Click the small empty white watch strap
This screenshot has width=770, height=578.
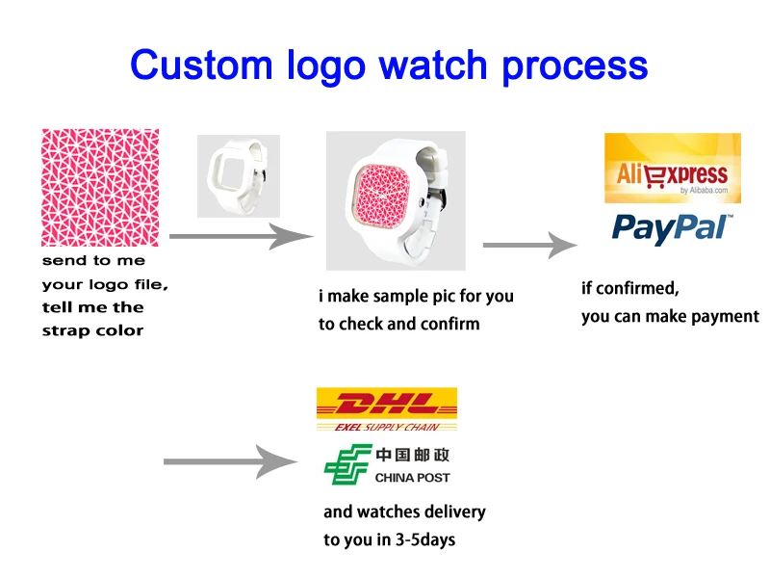click(x=238, y=174)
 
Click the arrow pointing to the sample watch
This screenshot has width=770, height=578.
click(x=242, y=235)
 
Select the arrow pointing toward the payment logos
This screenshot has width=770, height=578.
click(x=528, y=245)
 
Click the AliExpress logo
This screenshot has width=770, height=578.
click(x=672, y=174)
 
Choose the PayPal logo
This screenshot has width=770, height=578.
click(x=672, y=227)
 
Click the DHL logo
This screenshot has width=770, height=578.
click(x=386, y=403)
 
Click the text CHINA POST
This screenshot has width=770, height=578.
click(x=412, y=478)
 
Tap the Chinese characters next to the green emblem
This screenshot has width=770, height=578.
click(x=412, y=455)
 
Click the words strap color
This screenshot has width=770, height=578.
click(x=92, y=330)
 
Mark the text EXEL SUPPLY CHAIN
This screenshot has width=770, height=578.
click(x=386, y=426)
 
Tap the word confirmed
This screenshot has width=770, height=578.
click(x=643, y=287)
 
